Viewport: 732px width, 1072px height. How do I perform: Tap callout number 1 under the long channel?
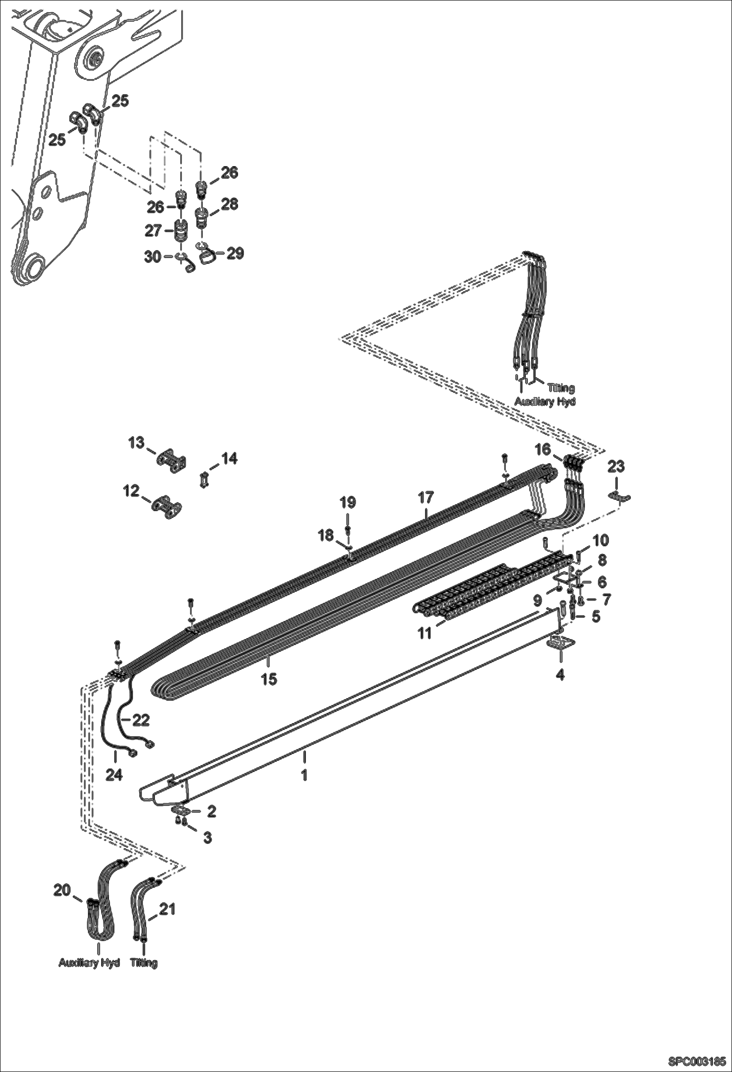pyautogui.click(x=304, y=775)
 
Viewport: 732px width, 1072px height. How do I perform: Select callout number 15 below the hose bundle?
pyautogui.click(x=269, y=679)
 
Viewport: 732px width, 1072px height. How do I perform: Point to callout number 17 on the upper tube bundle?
pyautogui.click(x=426, y=498)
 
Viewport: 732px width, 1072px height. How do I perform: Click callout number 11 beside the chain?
pyautogui.click(x=424, y=633)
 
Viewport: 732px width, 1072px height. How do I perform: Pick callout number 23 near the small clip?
pyautogui.click(x=616, y=467)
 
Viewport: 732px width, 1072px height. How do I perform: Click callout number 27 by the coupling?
pyautogui.click(x=153, y=231)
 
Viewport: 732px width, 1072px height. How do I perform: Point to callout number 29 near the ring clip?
pyautogui.click(x=235, y=254)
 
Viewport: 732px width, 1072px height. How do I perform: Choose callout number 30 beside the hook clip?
pyautogui.click(x=152, y=256)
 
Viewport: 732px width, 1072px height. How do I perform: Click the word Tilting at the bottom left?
pyautogui.click(x=144, y=963)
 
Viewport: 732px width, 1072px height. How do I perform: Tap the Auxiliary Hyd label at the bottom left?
pyautogui.click(x=89, y=963)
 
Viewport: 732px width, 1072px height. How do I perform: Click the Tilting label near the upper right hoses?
pyautogui.click(x=560, y=388)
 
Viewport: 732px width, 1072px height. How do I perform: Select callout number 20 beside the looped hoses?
pyautogui.click(x=62, y=891)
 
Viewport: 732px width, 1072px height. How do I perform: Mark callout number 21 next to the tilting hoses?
pyautogui.click(x=167, y=910)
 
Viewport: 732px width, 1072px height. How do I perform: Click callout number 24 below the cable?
pyautogui.click(x=114, y=775)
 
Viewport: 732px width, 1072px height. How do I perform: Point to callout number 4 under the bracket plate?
pyautogui.click(x=560, y=675)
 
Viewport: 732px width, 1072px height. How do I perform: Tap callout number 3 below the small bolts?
pyautogui.click(x=207, y=837)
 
